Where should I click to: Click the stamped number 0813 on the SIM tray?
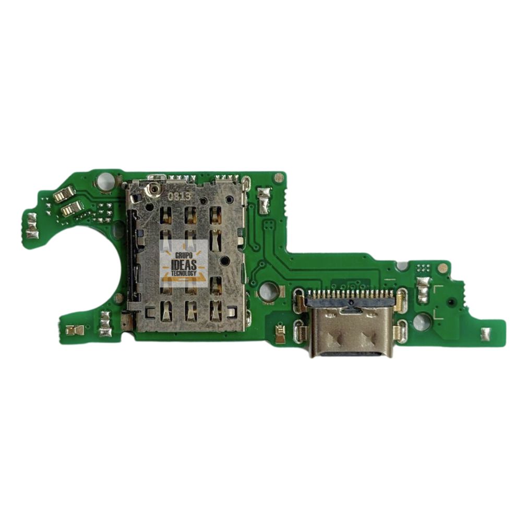(x=180, y=196)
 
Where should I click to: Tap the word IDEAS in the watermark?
(x=184, y=265)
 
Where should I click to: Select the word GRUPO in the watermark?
(x=184, y=256)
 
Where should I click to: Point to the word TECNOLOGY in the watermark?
(x=184, y=273)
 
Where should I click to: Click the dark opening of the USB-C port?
(x=352, y=354)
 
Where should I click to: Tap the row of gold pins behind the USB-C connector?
(x=352, y=294)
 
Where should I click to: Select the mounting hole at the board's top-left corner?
(x=106, y=182)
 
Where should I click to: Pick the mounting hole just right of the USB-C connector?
(x=421, y=321)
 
